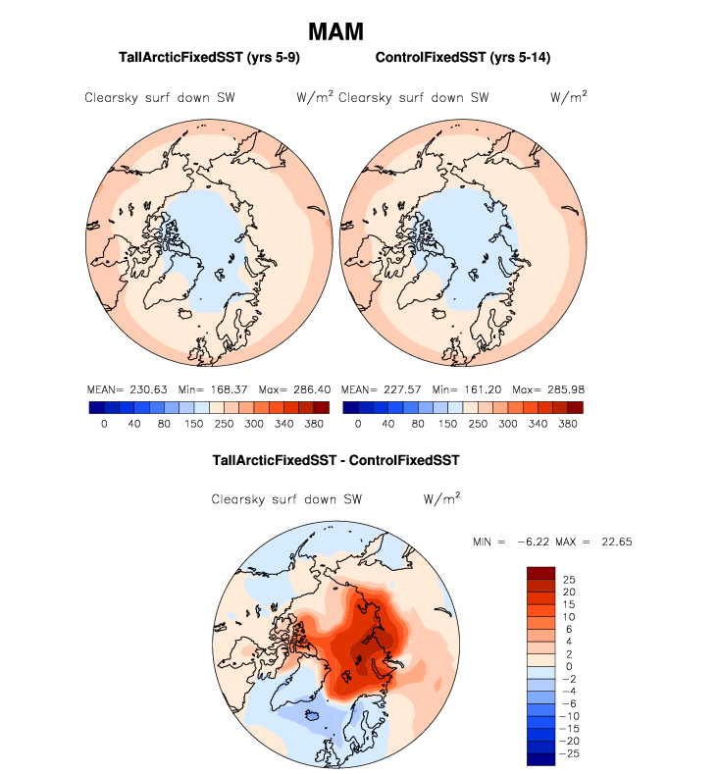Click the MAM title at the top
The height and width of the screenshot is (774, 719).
coord(335,31)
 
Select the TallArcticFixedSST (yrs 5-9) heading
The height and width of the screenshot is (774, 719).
coord(208,59)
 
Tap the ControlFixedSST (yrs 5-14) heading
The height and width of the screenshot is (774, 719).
coord(462,59)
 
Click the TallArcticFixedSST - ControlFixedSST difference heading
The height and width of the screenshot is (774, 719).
coord(335,459)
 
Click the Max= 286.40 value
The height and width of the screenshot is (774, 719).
coord(291,389)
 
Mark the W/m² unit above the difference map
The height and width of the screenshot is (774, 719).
coord(442,498)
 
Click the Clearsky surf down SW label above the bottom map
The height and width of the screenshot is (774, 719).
coord(287,499)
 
